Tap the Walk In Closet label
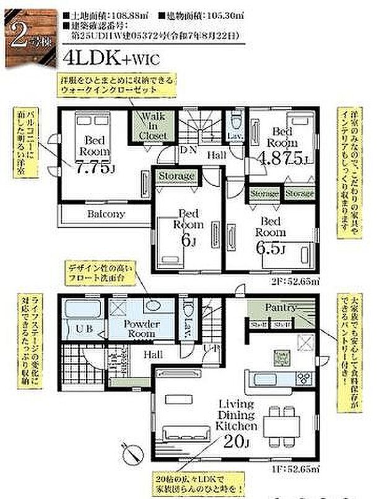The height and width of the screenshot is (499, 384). click(154, 126)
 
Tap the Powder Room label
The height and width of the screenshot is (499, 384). click(141, 329)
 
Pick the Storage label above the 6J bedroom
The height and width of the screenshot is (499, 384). click(177, 176)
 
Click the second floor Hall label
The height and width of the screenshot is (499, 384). click(216, 155)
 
